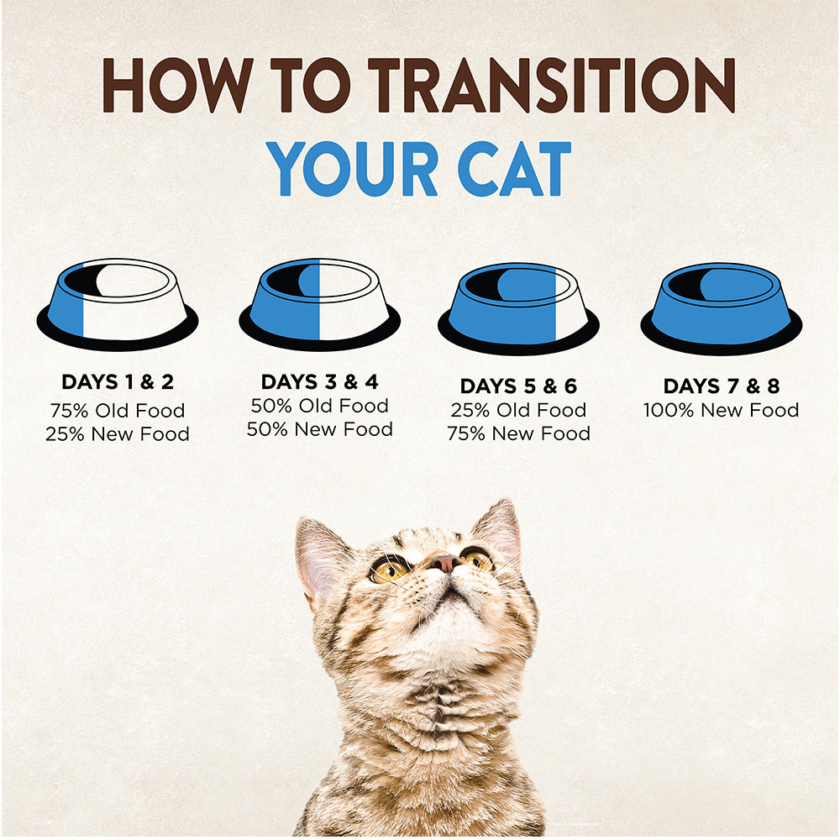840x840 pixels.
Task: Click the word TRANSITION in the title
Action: click(551, 85)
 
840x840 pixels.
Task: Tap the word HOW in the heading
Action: click(177, 85)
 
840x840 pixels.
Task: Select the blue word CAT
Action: click(515, 169)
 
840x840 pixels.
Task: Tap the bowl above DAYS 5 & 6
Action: click(518, 308)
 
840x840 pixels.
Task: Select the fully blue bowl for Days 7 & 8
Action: click(721, 308)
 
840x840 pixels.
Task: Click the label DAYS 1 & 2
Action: click(118, 382)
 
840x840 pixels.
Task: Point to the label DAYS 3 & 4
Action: click(320, 382)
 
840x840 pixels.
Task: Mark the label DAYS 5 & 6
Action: click(518, 386)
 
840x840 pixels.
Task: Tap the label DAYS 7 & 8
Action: click(722, 386)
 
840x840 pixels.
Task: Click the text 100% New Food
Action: click(721, 411)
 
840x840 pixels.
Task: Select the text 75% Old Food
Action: click(118, 411)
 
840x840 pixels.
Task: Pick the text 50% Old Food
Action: click(320, 406)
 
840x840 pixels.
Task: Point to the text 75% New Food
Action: click(518, 433)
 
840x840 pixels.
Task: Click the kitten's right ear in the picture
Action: click(499, 530)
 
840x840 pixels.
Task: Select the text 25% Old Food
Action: click(518, 411)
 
